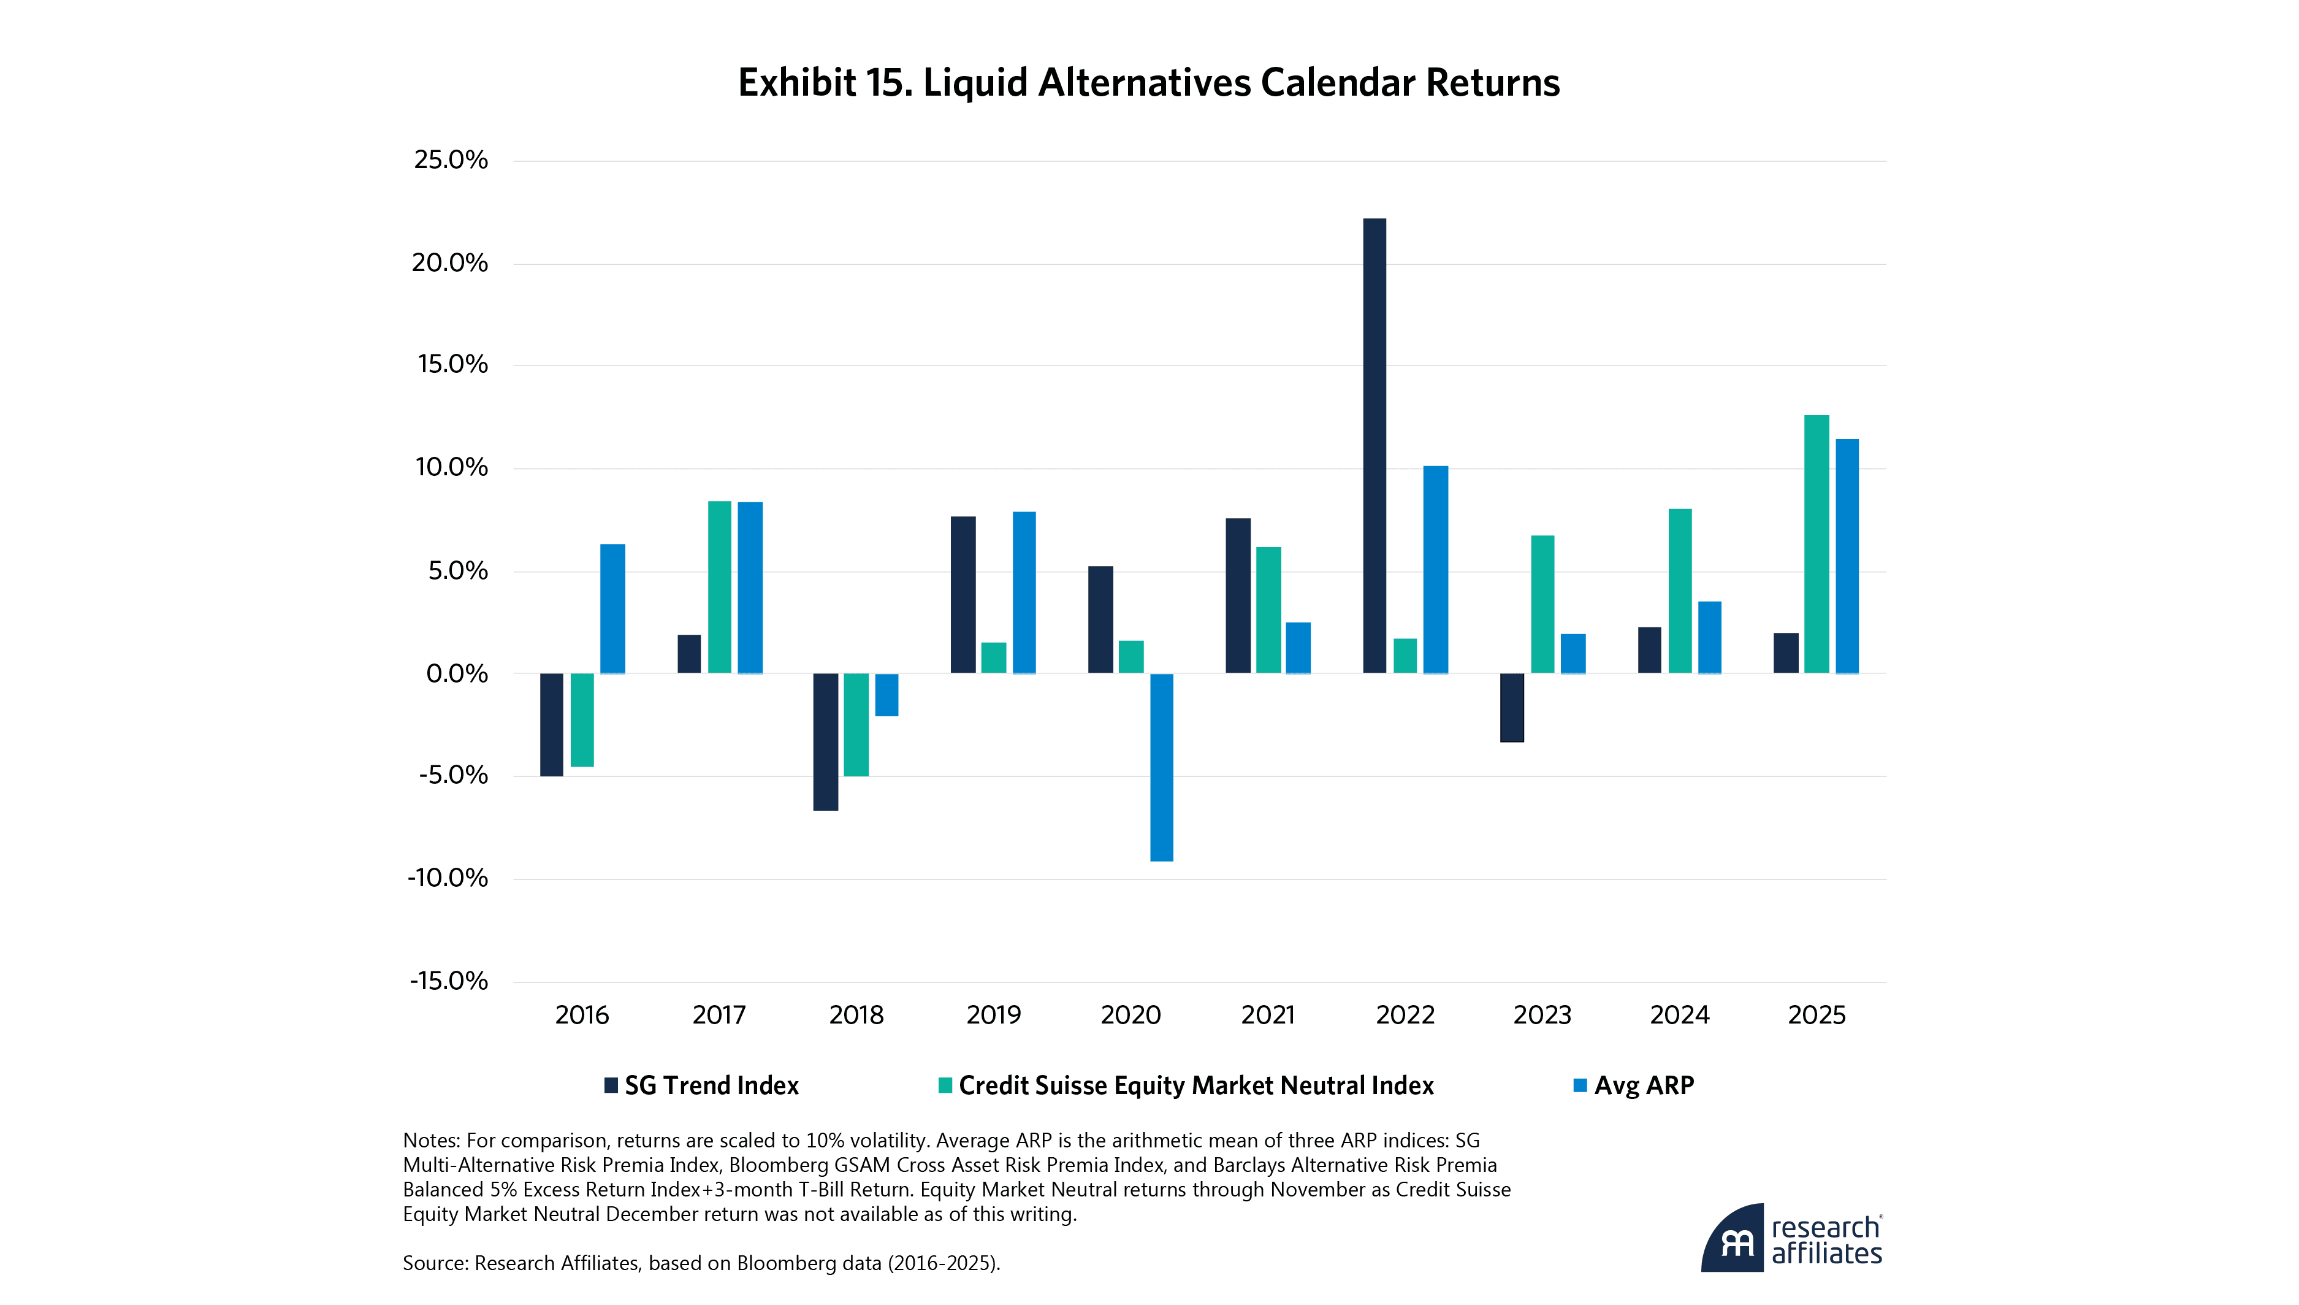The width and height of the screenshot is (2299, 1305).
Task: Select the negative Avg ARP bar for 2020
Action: (x=1161, y=767)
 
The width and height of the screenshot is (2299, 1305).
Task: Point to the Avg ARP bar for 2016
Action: (x=613, y=608)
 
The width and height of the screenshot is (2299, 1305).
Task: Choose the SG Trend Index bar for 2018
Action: (x=825, y=742)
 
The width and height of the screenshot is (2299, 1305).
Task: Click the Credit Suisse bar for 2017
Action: (x=720, y=587)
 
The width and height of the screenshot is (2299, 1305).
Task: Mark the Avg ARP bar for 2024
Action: (x=1709, y=637)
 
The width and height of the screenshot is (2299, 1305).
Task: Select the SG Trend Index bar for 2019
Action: (x=963, y=595)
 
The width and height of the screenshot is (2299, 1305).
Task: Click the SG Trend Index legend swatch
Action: (x=611, y=1085)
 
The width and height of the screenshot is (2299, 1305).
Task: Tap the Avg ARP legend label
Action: (x=1644, y=1085)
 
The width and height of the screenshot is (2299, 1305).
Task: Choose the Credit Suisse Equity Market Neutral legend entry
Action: (x=1195, y=1085)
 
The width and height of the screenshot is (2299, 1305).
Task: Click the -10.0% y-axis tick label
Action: (x=448, y=878)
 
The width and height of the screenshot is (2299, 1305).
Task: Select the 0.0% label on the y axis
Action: (x=457, y=674)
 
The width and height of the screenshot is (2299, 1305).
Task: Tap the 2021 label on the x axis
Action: (x=1268, y=1016)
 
